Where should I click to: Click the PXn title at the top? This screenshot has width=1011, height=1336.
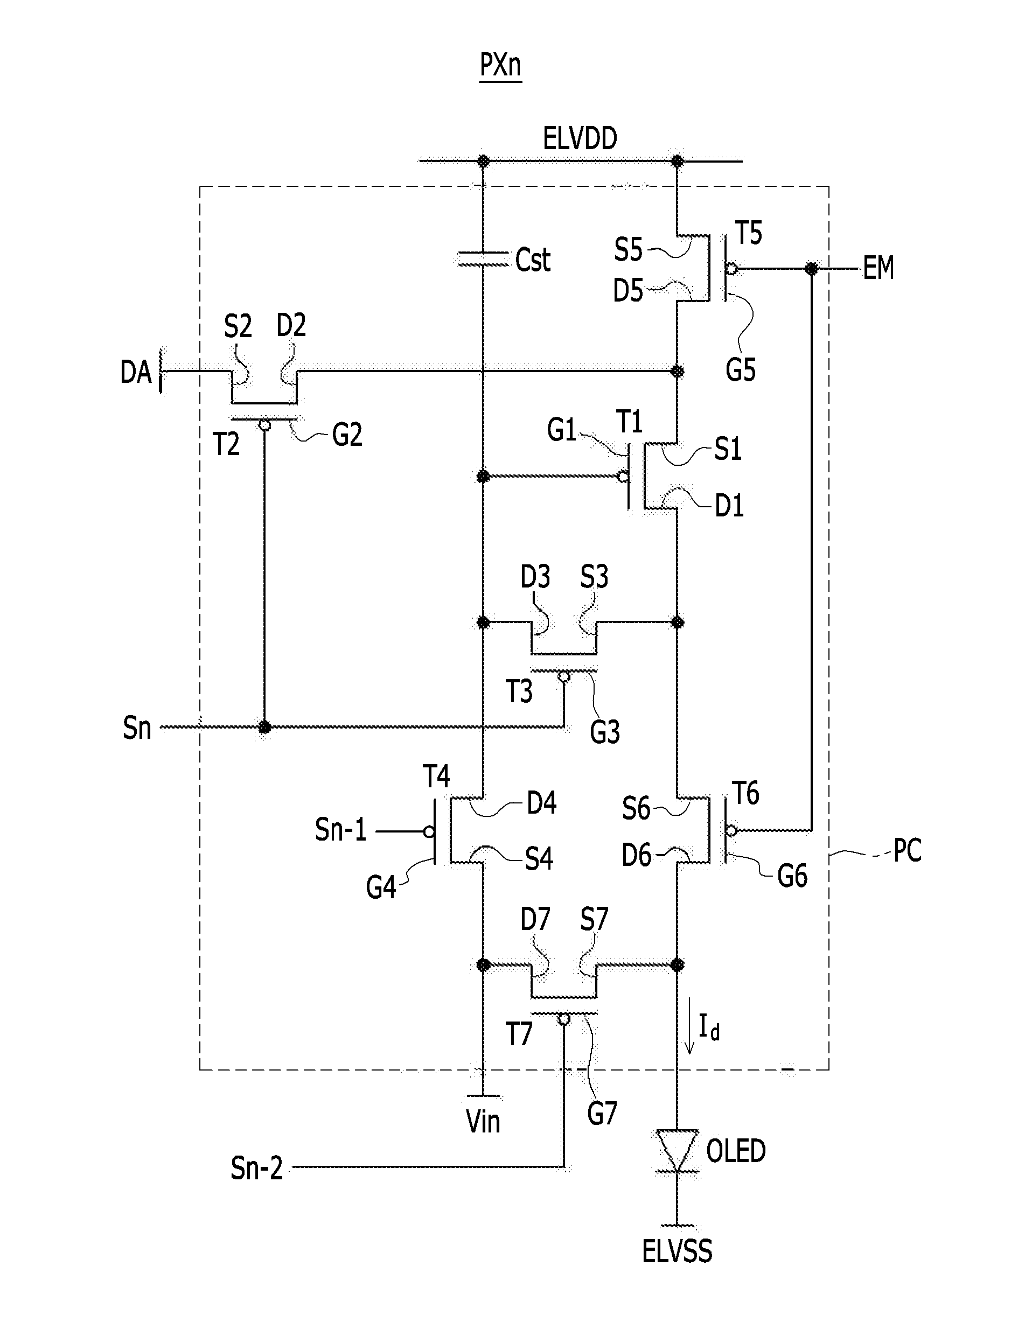[500, 65]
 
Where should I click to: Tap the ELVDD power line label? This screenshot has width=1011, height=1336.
[580, 138]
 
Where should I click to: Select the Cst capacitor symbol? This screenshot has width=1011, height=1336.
[482, 259]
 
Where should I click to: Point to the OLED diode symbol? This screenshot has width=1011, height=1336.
[677, 1151]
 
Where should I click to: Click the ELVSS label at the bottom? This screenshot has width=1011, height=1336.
[677, 1251]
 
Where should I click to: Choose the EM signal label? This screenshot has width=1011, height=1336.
[877, 268]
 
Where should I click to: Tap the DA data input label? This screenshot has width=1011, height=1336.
[135, 372]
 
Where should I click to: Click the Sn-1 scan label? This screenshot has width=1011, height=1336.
[340, 830]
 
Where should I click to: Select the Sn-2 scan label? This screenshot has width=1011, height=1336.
[257, 1169]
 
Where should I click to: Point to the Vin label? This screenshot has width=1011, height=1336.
[483, 1122]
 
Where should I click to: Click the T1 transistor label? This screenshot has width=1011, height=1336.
[629, 421]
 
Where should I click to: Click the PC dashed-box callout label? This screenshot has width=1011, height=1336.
[907, 851]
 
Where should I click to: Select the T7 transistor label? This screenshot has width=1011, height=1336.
[519, 1034]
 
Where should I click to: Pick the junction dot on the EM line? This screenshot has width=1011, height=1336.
[812, 268]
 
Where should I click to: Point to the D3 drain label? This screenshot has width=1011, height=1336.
[535, 577]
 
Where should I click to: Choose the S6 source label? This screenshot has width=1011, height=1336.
[636, 809]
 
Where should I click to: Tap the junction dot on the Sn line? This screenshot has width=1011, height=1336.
[264, 727]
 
